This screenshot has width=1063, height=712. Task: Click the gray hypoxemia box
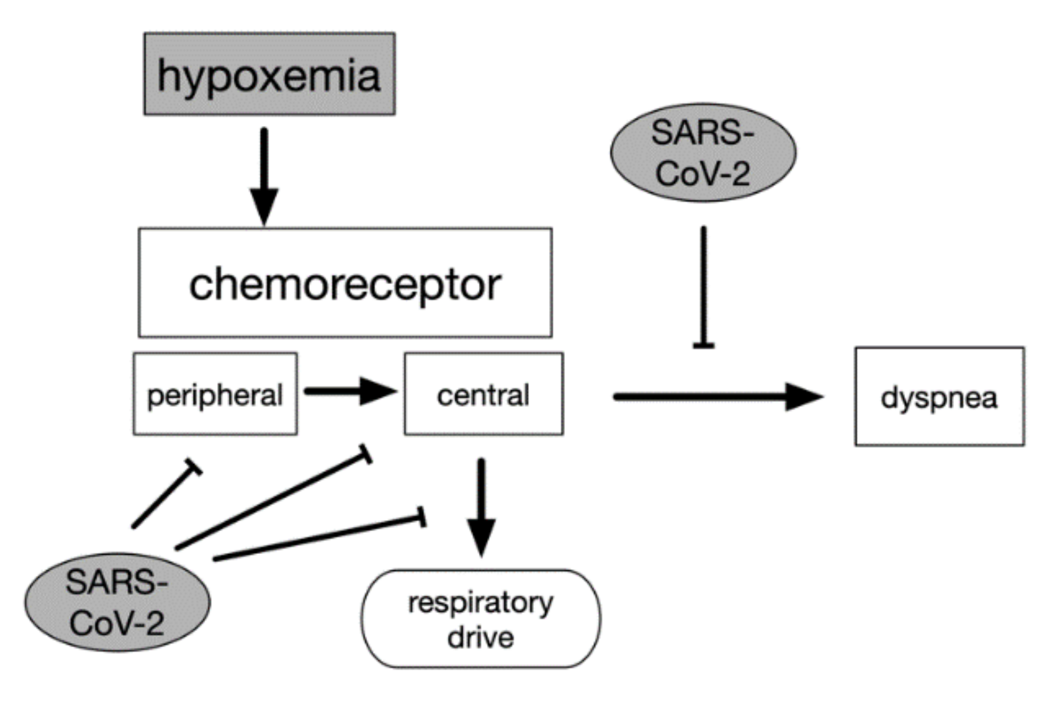point(269,74)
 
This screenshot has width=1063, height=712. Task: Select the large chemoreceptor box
point(345,283)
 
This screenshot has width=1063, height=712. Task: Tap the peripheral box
point(216,394)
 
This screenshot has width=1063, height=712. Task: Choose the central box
point(484,394)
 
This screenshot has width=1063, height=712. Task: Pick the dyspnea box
point(940,397)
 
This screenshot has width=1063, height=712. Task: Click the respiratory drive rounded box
point(481,619)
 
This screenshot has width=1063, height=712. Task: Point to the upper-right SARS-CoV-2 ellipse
point(703,153)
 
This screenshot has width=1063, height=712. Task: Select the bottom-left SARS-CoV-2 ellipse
point(117,602)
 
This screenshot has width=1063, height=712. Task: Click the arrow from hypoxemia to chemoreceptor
point(264,176)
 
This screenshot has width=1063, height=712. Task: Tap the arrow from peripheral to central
point(350,391)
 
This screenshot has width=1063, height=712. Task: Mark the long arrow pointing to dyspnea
point(719,397)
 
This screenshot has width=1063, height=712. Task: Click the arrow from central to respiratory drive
point(481,507)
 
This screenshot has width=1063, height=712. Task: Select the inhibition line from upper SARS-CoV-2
point(703,288)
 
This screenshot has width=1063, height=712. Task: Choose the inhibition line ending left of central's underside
point(272,498)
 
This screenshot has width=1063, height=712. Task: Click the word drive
point(481,638)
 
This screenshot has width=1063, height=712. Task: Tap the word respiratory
point(481,603)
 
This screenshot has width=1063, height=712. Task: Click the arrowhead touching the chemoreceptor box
point(264,207)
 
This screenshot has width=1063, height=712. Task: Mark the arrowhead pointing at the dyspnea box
point(805,397)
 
